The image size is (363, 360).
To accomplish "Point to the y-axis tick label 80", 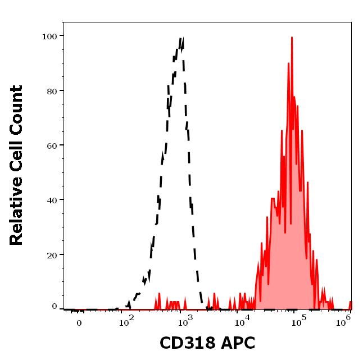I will click(52, 91).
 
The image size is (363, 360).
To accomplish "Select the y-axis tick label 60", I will click(52, 145).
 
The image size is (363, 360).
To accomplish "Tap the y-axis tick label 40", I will click(52, 200).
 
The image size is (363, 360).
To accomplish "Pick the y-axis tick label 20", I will click(52, 255).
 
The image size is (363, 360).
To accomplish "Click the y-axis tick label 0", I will click(55, 307).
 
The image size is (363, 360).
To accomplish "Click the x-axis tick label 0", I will click(79, 323).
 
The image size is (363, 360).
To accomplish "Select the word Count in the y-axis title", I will click(17, 107).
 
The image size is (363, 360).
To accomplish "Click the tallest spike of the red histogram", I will click(292, 38).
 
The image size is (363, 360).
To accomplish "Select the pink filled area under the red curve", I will click(287, 253).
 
